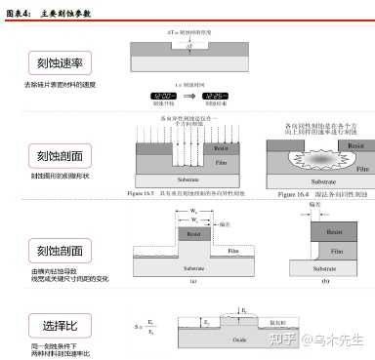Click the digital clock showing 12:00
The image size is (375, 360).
163,95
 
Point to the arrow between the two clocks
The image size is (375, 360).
189,95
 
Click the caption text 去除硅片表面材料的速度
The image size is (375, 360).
48,86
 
